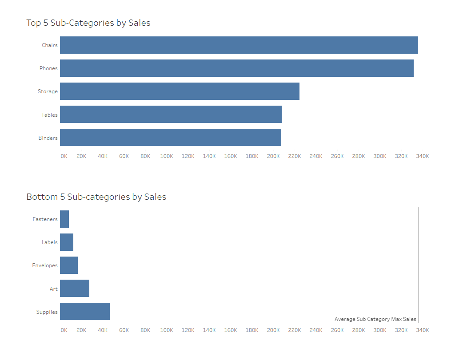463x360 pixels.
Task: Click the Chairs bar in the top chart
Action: (239, 45)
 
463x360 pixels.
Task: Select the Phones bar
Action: (236, 68)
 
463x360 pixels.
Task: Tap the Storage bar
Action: (180, 91)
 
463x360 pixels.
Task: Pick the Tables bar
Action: (171, 114)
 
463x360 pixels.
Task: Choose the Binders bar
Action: (170, 137)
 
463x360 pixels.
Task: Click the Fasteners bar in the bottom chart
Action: (64, 219)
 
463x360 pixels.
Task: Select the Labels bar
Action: (67, 242)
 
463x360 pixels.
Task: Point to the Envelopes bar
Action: (69, 265)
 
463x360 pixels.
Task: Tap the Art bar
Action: (75, 288)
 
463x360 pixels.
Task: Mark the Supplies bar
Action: (85, 311)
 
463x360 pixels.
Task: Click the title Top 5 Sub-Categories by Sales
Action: (88, 23)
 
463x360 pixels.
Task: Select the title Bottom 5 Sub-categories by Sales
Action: (96, 197)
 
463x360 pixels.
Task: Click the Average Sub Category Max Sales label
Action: (375, 319)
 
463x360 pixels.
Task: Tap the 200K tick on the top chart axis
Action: (273, 156)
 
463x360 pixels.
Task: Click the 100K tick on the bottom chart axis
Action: (167, 330)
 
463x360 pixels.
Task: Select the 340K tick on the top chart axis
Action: (422, 156)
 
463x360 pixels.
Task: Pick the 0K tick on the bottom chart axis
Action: (64, 330)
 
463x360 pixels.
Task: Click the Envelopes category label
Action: (45, 265)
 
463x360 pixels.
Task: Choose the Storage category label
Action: (48, 91)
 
